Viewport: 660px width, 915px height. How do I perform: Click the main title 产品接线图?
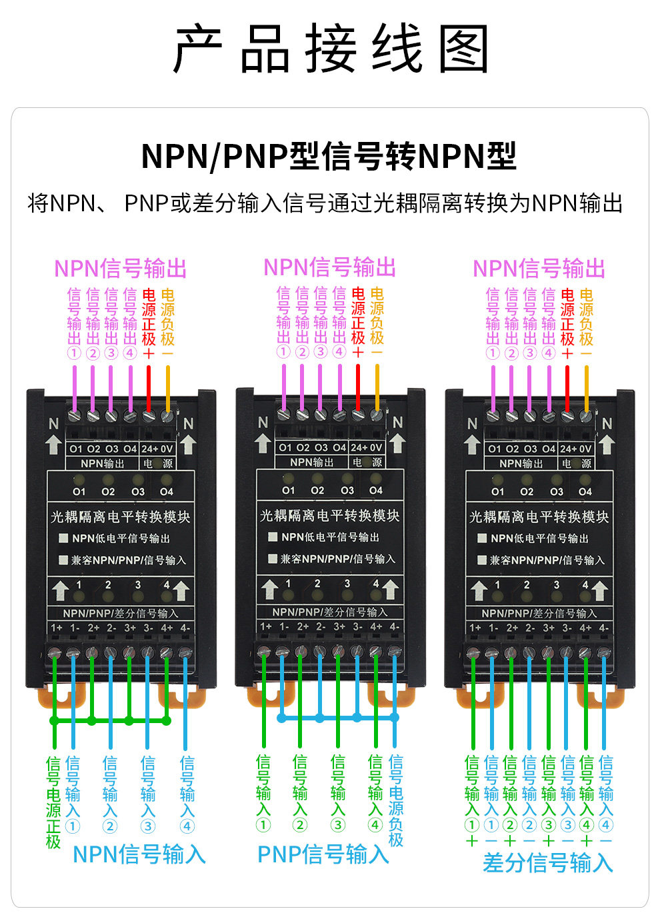pos(330,49)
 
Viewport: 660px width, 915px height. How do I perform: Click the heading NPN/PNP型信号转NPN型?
pos(329,156)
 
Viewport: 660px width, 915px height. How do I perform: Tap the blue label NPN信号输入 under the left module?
pos(139,854)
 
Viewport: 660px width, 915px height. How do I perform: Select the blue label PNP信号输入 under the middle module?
pos(323,854)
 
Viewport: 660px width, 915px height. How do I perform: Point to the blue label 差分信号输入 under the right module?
pos(547,862)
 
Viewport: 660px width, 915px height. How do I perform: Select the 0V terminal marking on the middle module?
pos(376,448)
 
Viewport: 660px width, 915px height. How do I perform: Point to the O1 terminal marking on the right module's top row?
pos(494,449)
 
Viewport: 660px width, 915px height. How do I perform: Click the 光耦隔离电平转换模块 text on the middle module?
pos(329,516)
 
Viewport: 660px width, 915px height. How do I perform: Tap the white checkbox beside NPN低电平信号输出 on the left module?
pos(63,538)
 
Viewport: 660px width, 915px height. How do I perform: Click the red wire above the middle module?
pos(358,387)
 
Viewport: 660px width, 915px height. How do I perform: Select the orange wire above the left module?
pos(167,389)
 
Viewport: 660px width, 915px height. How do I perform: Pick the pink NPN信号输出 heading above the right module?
pos(539,269)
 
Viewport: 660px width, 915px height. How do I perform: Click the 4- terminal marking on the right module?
pos(603,627)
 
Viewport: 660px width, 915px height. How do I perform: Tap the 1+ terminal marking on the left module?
pos(56,627)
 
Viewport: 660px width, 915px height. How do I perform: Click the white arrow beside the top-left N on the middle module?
pos(263,443)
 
